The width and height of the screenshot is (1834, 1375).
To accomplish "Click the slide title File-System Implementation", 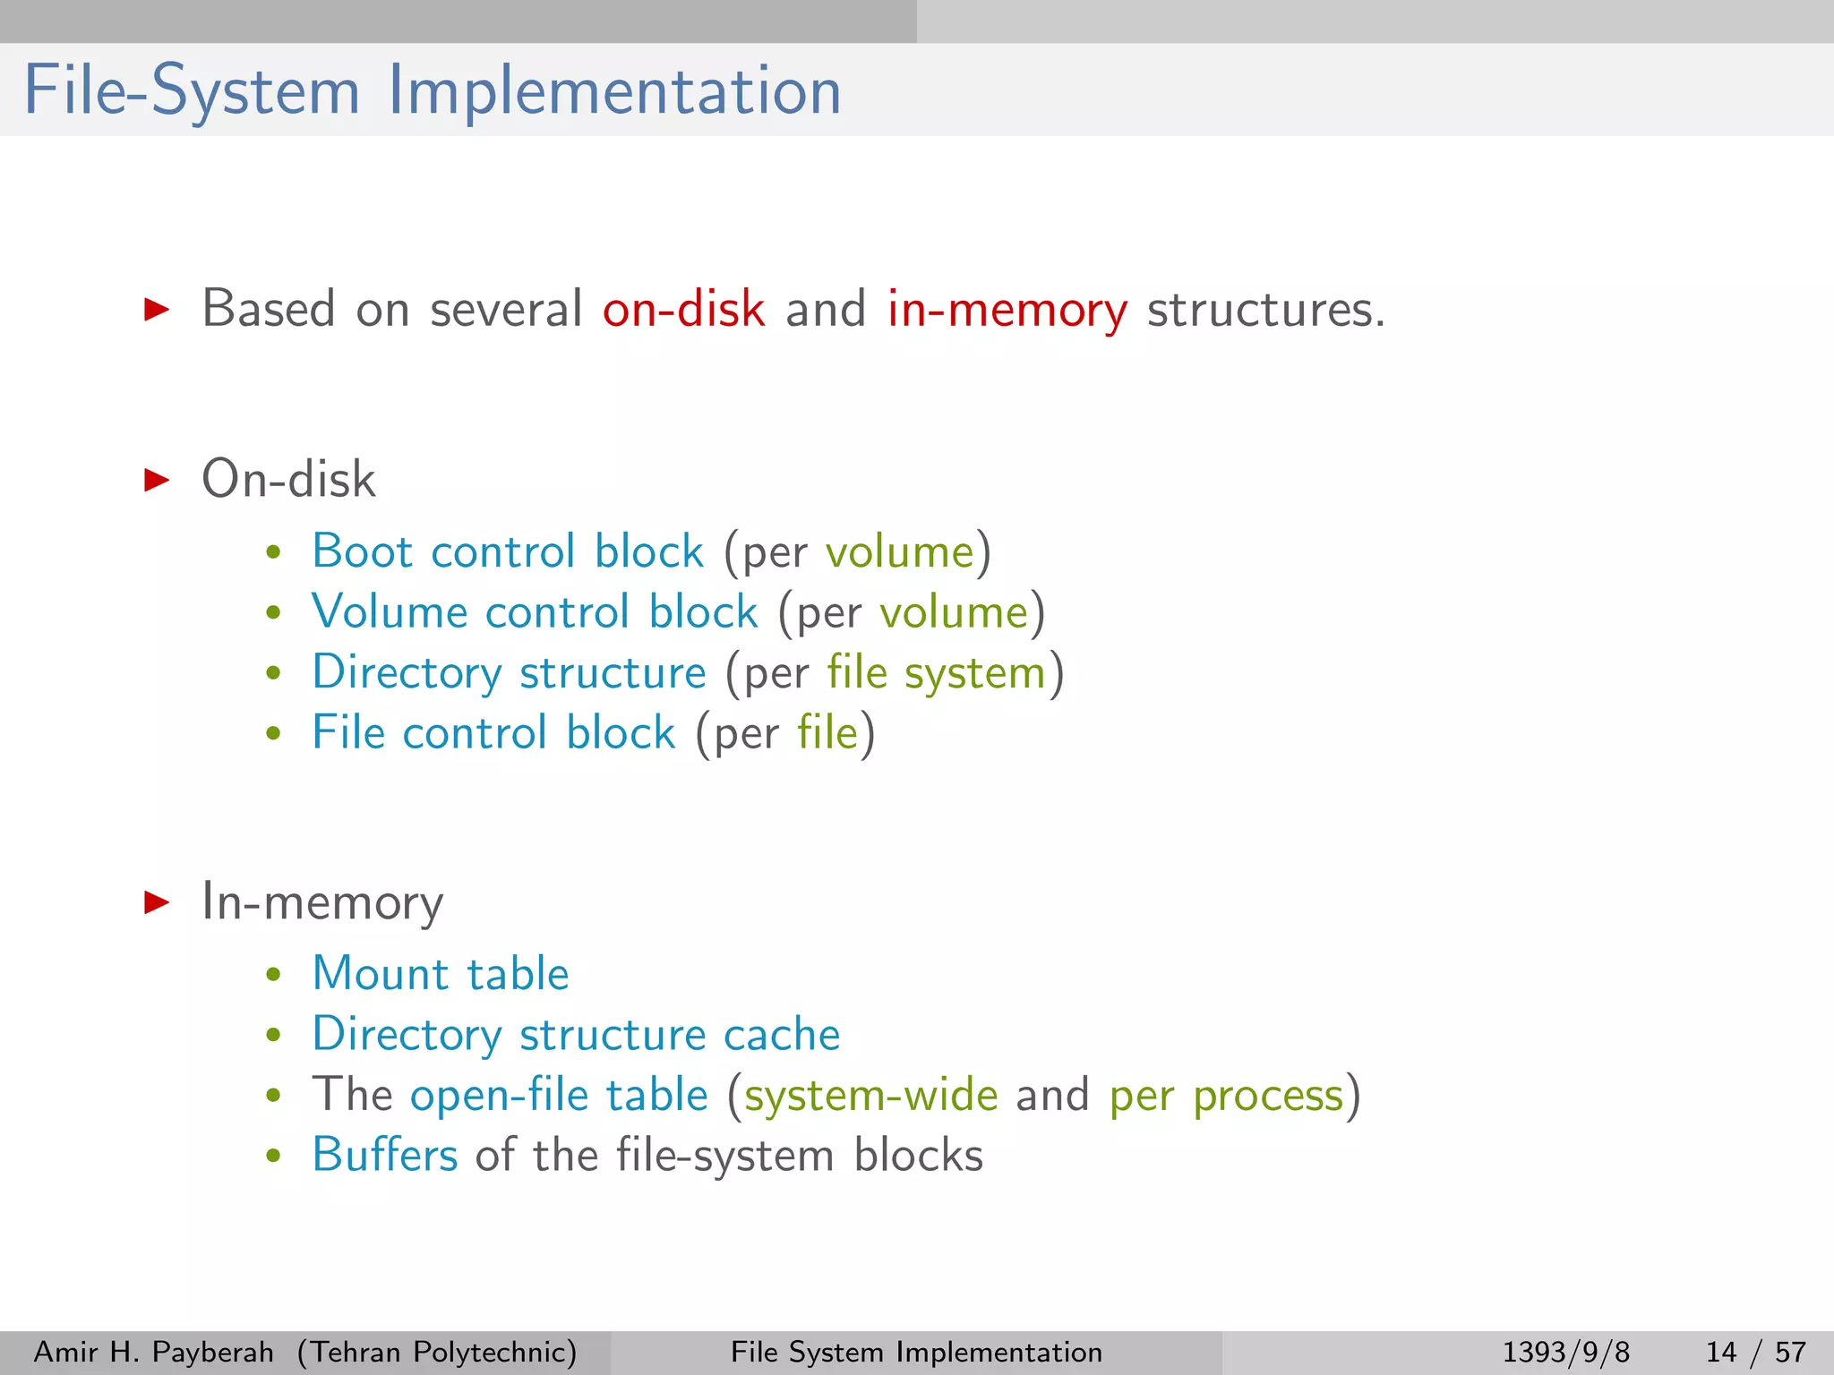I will click(x=432, y=91).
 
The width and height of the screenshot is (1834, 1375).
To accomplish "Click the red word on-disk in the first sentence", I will click(x=683, y=310).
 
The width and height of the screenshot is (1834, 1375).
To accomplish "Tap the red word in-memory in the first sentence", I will click(x=1007, y=310).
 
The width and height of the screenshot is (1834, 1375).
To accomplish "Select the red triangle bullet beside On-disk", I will click(x=157, y=480).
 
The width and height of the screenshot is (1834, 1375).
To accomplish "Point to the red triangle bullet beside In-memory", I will click(x=157, y=901).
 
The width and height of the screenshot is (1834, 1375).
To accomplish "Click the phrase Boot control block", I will click(x=508, y=551).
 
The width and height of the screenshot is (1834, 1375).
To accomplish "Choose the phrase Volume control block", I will click(x=535, y=612).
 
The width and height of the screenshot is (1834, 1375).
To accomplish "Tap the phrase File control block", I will click(x=493, y=732).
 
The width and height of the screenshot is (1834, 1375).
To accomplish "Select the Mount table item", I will click(x=441, y=974).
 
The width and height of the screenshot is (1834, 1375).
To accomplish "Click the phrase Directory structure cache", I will click(x=576, y=1035).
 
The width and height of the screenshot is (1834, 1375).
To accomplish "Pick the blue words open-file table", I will click(x=559, y=1095).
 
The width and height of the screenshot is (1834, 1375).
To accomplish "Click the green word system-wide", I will click(x=870, y=1096).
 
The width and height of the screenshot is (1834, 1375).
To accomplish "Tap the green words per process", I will click(x=1226, y=1096).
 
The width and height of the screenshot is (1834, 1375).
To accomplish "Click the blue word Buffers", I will click(x=385, y=1155).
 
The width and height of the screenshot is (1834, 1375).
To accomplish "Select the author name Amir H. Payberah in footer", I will click(x=153, y=1352).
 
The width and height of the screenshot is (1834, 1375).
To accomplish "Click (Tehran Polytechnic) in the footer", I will click(x=437, y=1352).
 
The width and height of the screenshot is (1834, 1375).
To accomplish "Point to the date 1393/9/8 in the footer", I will click(x=1565, y=1352).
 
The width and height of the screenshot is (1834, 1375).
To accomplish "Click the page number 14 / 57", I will click(x=1755, y=1352).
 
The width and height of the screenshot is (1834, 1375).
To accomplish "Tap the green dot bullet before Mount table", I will click(x=274, y=975).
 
